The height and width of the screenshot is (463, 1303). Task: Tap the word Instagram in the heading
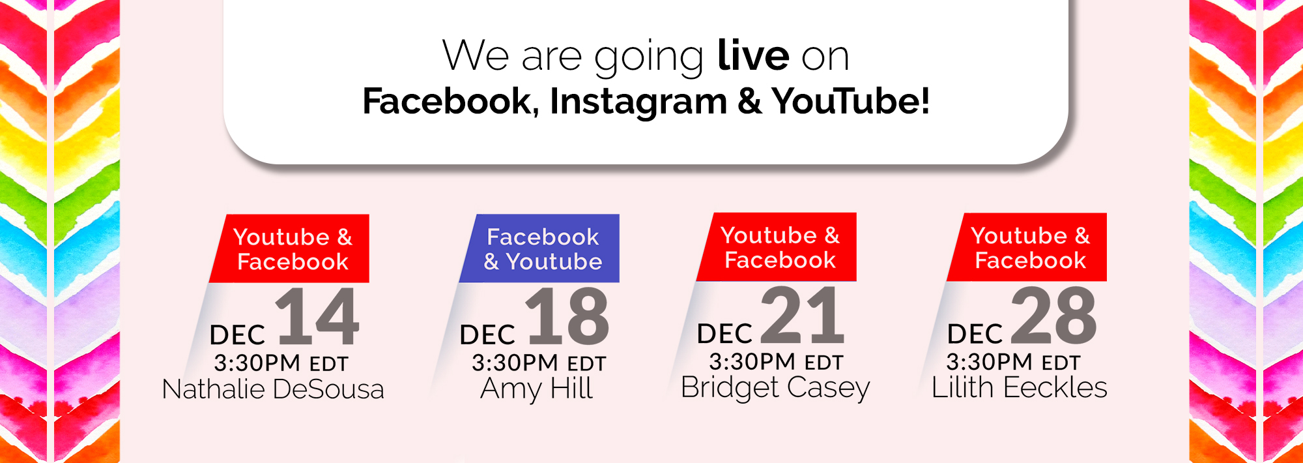tap(638, 102)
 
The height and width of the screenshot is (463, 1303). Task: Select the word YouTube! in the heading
tap(851, 101)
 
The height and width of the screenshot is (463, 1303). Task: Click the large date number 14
tap(317, 317)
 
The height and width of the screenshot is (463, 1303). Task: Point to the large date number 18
tap(568, 316)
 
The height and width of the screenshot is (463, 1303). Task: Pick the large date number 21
tap(803, 315)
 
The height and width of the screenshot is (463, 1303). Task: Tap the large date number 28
tap(1053, 316)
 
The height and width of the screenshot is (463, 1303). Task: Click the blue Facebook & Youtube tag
tap(539, 248)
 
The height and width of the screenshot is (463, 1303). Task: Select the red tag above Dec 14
tap(289, 248)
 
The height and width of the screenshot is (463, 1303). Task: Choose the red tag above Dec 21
tap(777, 247)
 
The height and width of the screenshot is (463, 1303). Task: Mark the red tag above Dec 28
tap(1027, 247)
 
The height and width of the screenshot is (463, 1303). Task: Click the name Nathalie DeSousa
tap(273, 389)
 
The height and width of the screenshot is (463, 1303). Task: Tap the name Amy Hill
tap(536, 389)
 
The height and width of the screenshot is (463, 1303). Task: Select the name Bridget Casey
tap(775, 388)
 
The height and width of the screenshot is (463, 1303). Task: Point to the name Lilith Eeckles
tap(1020, 387)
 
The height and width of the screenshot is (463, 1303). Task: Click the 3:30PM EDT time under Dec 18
tap(539, 363)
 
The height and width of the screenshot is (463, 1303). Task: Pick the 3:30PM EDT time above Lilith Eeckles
tap(1013, 361)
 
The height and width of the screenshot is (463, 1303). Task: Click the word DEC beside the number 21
tap(724, 334)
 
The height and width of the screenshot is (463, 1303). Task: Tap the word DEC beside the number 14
tap(237, 335)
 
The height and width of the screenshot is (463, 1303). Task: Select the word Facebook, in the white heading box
tap(451, 102)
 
